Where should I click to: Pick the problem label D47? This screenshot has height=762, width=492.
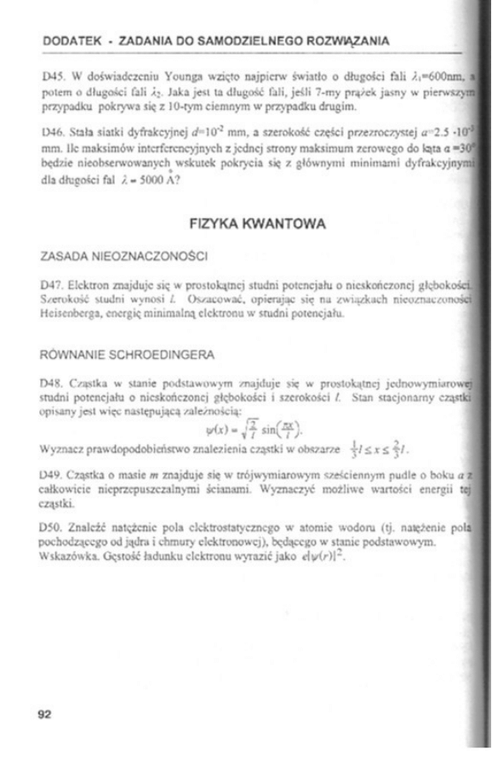pyautogui.click(x=53, y=280)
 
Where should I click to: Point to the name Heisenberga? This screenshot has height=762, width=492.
pyautogui.click(x=75, y=315)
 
